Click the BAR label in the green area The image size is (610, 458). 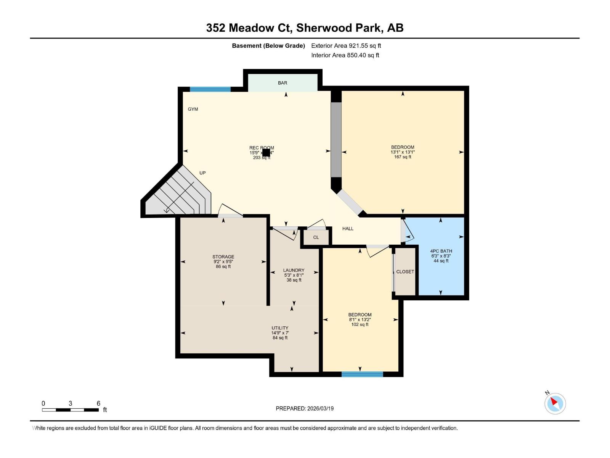[283, 83]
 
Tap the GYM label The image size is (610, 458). [193, 109]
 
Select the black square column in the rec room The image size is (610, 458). [266, 153]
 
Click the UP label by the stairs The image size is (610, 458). [202, 173]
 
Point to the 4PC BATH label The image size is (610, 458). [441, 251]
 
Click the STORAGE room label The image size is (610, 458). [223, 257]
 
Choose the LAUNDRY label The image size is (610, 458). [294, 270]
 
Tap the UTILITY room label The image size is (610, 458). [280, 328]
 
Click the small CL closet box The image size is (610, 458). [316, 237]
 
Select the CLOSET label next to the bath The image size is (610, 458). [405, 272]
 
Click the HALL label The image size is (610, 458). [348, 229]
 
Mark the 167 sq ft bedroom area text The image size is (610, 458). [403, 157]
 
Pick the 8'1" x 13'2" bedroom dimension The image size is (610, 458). [360, 320]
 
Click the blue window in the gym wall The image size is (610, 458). [210, 89]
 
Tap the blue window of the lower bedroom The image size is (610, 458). [362, 374]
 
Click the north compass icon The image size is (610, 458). [555, 403]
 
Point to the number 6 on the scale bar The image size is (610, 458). [98, 403]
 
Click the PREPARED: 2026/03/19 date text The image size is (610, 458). [305, 408]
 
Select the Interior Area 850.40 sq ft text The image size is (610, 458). [345, 55]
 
